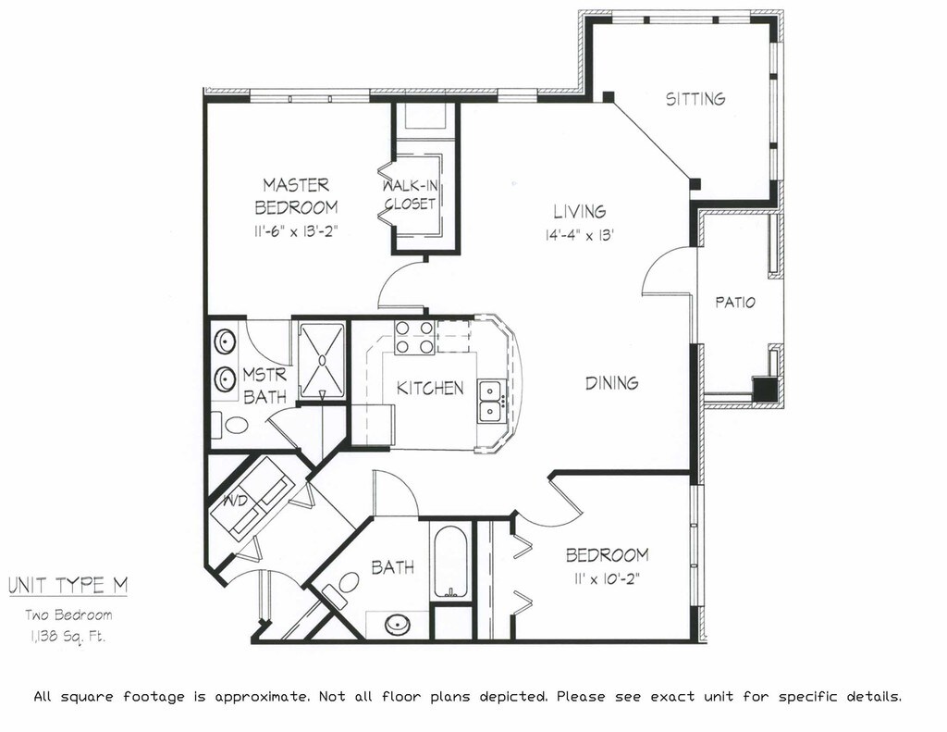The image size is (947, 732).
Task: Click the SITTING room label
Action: [x=695, y=98]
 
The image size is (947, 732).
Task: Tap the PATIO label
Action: [x=735, y=302]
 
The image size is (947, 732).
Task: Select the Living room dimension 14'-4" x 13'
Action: [x=580, y=234]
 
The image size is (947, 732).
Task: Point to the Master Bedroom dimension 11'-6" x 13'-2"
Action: [x=296, y=231]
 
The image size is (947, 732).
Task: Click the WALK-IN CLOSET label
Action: [x=410, y=194]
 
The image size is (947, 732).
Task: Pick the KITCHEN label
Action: [x=430, y=388]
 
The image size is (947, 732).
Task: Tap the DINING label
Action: [x=612, y=382]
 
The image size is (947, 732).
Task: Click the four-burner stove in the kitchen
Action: [x=413, y=337]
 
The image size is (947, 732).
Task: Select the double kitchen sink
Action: [x=490, y=401]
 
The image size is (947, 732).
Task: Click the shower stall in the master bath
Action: [x=322, y=360]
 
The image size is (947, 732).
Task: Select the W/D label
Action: [x=235, y=501]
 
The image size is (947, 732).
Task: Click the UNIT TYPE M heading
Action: [x=68, y=585]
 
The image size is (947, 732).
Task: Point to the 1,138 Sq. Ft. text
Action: [x=66, y=637]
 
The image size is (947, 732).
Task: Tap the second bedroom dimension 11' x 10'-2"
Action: [x=607, y=579]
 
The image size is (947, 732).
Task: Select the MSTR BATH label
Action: [x=264, y=386]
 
